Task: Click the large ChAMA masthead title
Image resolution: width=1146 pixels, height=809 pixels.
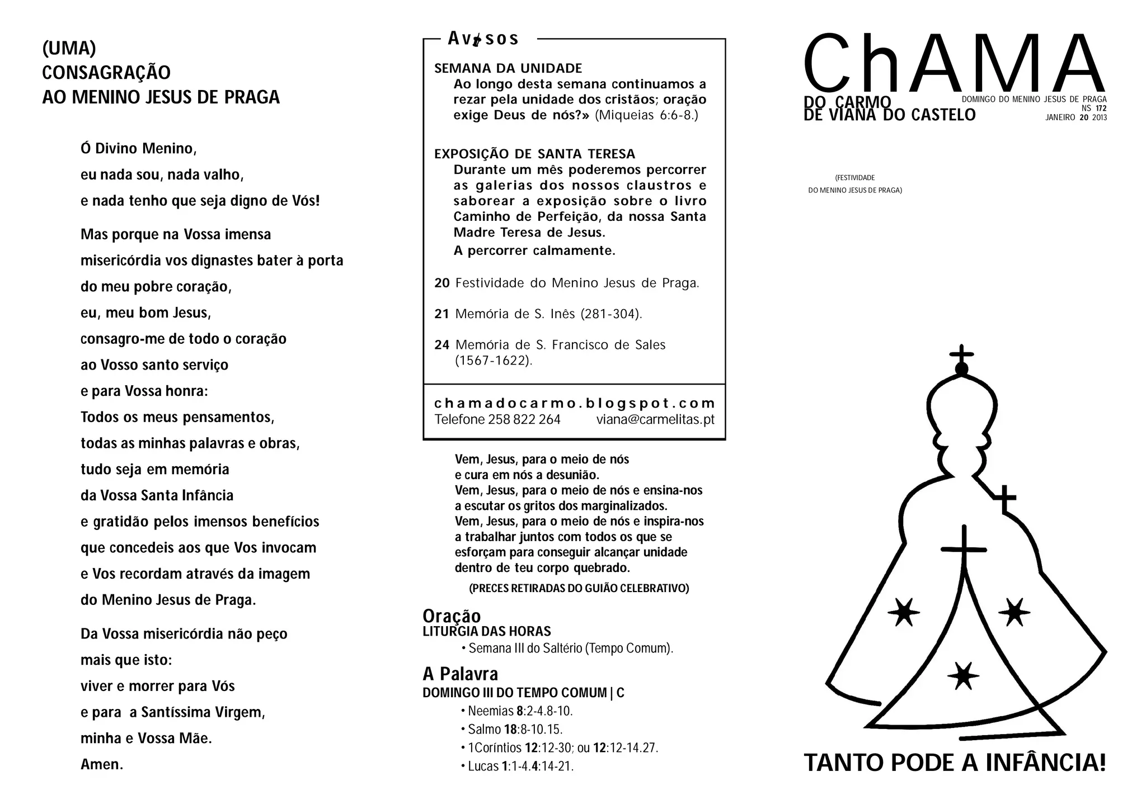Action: (954, 64)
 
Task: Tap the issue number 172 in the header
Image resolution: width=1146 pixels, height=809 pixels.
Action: (1101, 108)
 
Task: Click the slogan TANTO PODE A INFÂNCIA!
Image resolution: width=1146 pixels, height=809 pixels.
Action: (955, 763)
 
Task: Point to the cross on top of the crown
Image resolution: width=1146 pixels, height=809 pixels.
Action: (961, 354)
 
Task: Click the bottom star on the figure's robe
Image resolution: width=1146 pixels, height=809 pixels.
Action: (963, 676)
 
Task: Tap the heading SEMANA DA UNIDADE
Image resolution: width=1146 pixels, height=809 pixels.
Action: (508, 68)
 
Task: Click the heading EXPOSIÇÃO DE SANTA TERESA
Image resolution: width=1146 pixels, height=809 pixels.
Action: (534, 154)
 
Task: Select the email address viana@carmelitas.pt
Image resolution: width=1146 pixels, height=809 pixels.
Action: (655, 419)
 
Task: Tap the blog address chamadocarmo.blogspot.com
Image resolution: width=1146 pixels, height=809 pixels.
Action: (575, 403)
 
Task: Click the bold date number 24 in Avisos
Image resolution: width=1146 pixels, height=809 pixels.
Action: (442, 345)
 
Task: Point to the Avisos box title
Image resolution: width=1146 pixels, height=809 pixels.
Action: (483, 39)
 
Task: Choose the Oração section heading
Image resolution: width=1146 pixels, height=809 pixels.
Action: (452, 616)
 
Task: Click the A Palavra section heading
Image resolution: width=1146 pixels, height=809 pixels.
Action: (460, 674)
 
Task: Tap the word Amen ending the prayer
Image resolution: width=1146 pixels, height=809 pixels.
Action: (101, 764)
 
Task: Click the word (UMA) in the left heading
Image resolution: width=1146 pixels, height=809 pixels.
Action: (69, 49)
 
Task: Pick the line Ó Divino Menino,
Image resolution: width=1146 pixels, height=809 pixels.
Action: (138, 149)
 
